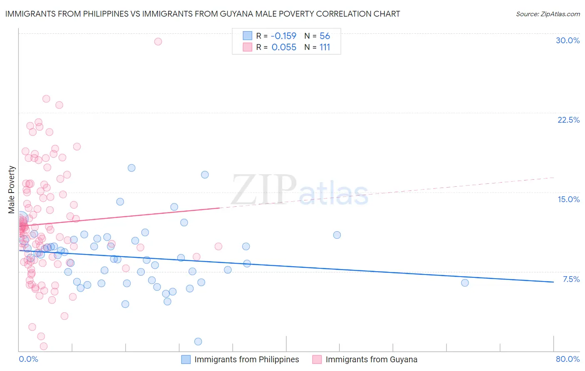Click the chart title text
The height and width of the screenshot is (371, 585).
pos(202,14)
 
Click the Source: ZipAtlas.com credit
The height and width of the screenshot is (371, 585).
pos(548,14)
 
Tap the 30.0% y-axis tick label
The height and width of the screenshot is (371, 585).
pos(568,40)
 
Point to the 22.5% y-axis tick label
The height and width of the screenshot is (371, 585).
pos(568,120)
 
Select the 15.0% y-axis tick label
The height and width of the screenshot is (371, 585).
pos(568,199)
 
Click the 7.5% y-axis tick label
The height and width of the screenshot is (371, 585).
pos(571,279)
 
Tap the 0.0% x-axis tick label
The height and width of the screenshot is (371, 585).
pos(28,359)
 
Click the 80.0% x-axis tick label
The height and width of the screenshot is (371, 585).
pos(568,359)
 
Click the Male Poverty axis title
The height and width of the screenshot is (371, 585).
pos(12,190)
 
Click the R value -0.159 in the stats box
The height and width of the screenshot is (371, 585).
pos(283,36)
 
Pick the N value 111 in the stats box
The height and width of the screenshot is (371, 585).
pos(325,47)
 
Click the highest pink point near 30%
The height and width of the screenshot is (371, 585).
pos(158,41)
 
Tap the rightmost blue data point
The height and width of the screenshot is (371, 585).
pos(465,283)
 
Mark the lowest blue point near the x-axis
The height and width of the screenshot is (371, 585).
pos(198,341)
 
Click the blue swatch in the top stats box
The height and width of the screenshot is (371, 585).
pos(248,36)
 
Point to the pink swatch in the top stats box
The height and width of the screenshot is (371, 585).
pos(248,47)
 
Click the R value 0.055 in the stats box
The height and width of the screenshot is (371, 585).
pos(284,47)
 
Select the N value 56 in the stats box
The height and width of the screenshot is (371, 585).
pos(325,36)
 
